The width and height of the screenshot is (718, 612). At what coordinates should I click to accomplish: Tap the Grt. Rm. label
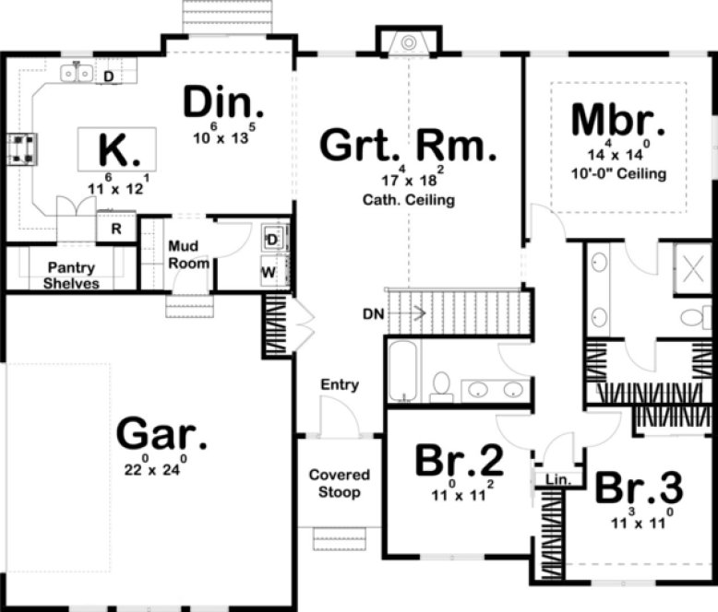click(x=407, y=147)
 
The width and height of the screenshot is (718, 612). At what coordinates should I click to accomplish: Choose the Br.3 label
click(x=638, y=488)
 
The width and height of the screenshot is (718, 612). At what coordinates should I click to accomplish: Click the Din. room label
click(x=223, y=103)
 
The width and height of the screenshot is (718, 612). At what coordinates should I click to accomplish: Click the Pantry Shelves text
click(x=71, y=276)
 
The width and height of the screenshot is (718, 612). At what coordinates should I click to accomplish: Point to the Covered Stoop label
click(x=339, y=484)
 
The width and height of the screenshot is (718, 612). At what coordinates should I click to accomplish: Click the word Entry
click(x=339, y=384)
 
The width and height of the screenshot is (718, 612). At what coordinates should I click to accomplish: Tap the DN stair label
click(x=374, y=313)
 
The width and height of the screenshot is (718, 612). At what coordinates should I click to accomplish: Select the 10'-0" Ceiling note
click(x=617, y=173)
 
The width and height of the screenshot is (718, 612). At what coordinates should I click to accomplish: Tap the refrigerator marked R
click(x=117, y=229)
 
